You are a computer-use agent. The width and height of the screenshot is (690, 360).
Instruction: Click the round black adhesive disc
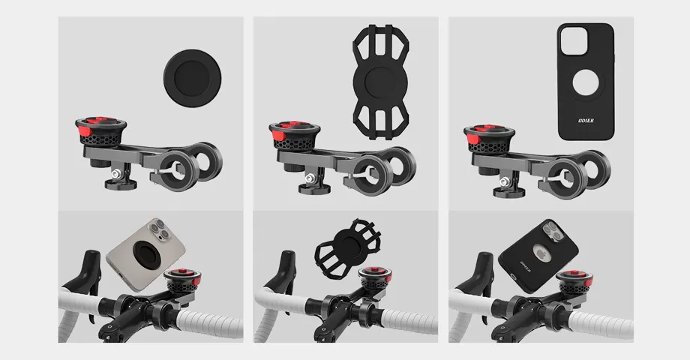click(192, 77)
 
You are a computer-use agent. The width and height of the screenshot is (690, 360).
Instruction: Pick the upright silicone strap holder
click(379, 79)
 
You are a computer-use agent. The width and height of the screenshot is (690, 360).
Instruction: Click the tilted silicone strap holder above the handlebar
click(344, 244)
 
